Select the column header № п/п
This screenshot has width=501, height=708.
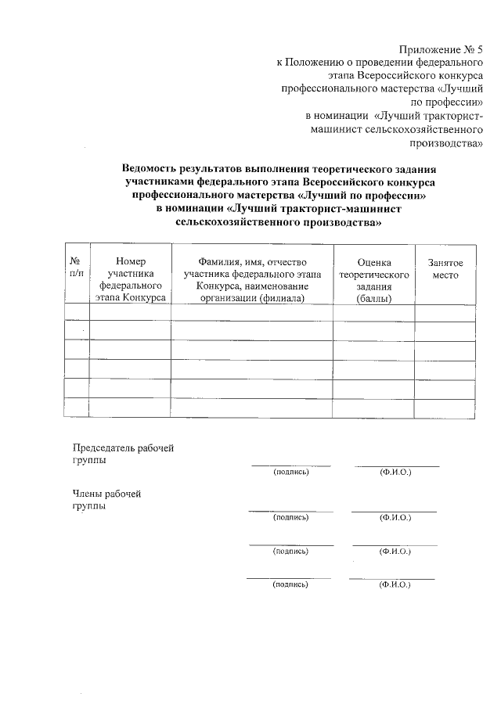pyautogui.click(x=76, y=268)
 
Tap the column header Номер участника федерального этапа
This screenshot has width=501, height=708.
pyautogui.click(x=130, y=280)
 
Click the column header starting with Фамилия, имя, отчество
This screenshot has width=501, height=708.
pyautogui.click(x=252, y=280)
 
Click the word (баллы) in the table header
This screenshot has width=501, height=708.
pyautogui.click(x=374, y=300)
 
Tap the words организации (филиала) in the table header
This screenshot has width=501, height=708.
pyautogui.click(x=252, y=299)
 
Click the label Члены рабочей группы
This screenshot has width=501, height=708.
pyautogui.click(x=106, y=499)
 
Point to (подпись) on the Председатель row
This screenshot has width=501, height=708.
pyautogui.click(x=290, y=473)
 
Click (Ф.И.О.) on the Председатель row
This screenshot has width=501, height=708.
pyautogui.click(x=395, y=473)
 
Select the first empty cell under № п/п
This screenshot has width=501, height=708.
pyautogui.click(x=76, y=313)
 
